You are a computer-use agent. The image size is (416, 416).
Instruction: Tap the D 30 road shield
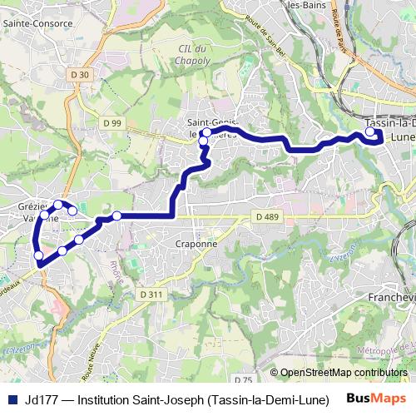pos(80,75)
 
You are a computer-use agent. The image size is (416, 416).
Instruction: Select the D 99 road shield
pos(112,123)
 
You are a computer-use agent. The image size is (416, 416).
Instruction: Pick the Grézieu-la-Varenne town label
pos(37,210)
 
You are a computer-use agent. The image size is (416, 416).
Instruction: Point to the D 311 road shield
pos(151,295)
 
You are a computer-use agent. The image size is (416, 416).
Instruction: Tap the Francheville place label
pos(391,296)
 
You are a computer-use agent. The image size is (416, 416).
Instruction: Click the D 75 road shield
pos(243,379)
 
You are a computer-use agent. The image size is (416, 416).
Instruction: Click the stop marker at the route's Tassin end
pos(370,131)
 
